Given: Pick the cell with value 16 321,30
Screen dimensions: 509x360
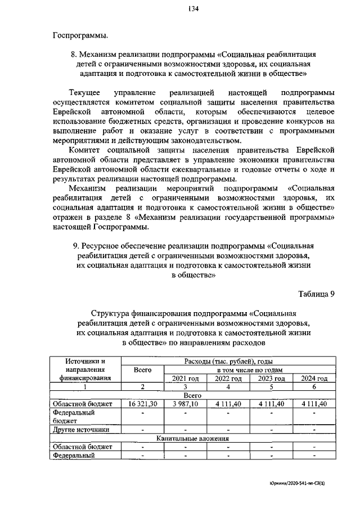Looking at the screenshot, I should click(142, 404).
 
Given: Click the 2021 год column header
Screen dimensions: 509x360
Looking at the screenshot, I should click(185, 379).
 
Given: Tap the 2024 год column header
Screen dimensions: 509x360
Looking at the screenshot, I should click(314, 379).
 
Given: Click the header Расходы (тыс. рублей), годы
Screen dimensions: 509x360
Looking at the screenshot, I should click(228, 361).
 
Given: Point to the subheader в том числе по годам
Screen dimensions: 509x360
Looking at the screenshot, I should click(249, 370).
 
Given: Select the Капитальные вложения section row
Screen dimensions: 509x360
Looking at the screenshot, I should click(193, 438).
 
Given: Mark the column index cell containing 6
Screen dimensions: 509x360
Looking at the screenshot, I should click(314, 387).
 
